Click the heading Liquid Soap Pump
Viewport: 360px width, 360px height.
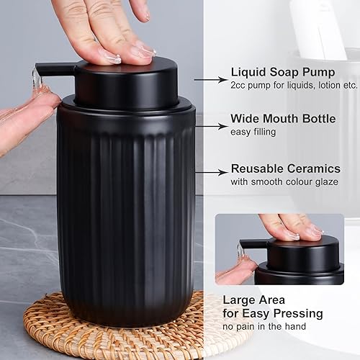click(x=283, y=73)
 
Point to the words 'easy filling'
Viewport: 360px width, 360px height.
click(x=253, y=131)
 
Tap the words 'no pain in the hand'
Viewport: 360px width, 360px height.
click(x=264, y=326)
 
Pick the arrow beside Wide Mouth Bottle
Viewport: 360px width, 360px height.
click(x=211, y=126)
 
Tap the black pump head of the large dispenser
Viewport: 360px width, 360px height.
click(x=122, y=83)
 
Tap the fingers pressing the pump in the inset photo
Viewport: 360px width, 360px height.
click(x=288, y=227)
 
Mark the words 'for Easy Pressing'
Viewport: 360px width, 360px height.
click(x=272, y=313)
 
